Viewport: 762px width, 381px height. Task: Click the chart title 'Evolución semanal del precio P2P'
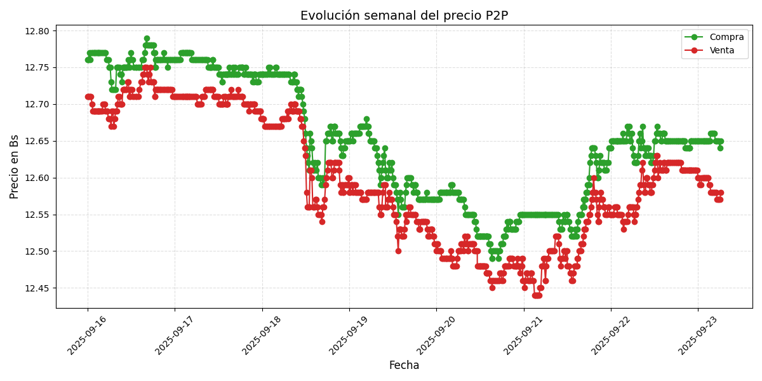(404, 15)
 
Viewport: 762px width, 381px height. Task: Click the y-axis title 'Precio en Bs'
(15, 166)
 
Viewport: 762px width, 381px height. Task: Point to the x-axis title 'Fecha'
(404, 366)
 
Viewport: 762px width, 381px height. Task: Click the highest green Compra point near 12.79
(147, 39)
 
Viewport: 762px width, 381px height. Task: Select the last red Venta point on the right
(720, 193)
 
